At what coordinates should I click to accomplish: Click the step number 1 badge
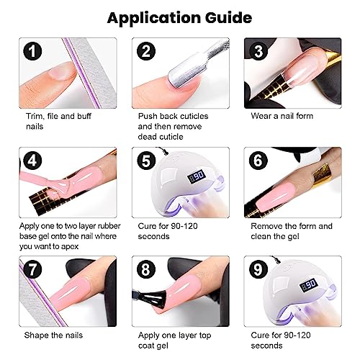(32, 51)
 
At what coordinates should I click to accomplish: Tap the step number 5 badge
(146, 161)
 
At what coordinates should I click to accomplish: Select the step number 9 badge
(258, 269)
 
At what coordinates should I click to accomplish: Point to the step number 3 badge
(258, 51)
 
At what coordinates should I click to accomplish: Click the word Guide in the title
(228, 18)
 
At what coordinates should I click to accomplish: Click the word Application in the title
(154, 18)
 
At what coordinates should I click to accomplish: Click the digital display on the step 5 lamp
(197, 176)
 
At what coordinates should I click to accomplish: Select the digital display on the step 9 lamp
(309, 284)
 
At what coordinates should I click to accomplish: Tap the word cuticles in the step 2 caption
(193, 116)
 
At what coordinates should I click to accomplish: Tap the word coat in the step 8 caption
(146, 346)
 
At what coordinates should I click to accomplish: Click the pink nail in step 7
(70, 291)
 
